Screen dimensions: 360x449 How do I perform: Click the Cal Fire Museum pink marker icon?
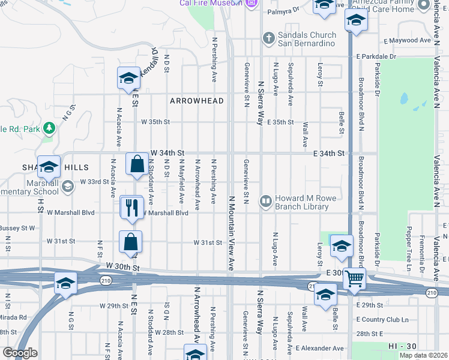click(x=252, y=3)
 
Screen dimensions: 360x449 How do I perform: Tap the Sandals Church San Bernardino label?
click(x=307, y=43)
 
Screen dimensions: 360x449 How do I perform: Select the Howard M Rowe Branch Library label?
click(x=301, y=203)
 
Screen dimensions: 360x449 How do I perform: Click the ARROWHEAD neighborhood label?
click(x=196, y=101)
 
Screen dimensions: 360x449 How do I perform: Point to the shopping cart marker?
click(x=355, y=278)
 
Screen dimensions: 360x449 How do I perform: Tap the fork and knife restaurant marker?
click(x=131, y=208)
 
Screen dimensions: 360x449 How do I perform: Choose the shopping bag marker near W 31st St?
click(x=130, y=242)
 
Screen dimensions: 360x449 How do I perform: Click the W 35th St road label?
click(x=156, y=122)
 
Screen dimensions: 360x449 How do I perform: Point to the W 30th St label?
click(x=122, y=266)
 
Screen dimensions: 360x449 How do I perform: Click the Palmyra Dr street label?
click(x=283, y=10)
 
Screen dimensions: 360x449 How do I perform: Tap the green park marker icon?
click(x=49, y=128)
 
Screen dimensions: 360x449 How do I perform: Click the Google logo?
click(x=20, y=353)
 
